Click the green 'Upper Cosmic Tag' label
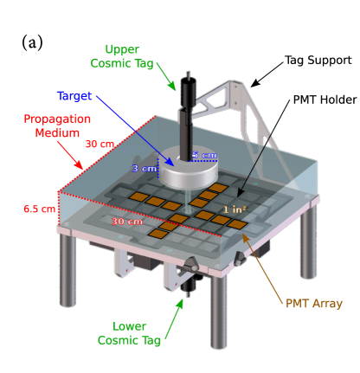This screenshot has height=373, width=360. (121, 56)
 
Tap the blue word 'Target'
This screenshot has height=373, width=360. (74, 95)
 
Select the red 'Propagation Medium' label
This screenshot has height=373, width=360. (57, 125)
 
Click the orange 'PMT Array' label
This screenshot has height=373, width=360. (313, 304)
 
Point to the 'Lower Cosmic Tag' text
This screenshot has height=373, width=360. (129, 333)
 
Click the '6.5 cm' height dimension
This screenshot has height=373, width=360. (39, 209)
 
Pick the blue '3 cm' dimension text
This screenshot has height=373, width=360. (144, 168)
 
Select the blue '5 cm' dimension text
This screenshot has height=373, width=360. (204, 156)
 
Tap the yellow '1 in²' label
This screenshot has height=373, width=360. (235, 209)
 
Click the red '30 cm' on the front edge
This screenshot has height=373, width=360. (126, 222)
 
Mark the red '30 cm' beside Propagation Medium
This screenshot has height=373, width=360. (99, 145)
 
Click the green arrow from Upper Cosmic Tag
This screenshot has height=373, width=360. (166, 75)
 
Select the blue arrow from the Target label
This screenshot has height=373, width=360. (134, 129)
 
